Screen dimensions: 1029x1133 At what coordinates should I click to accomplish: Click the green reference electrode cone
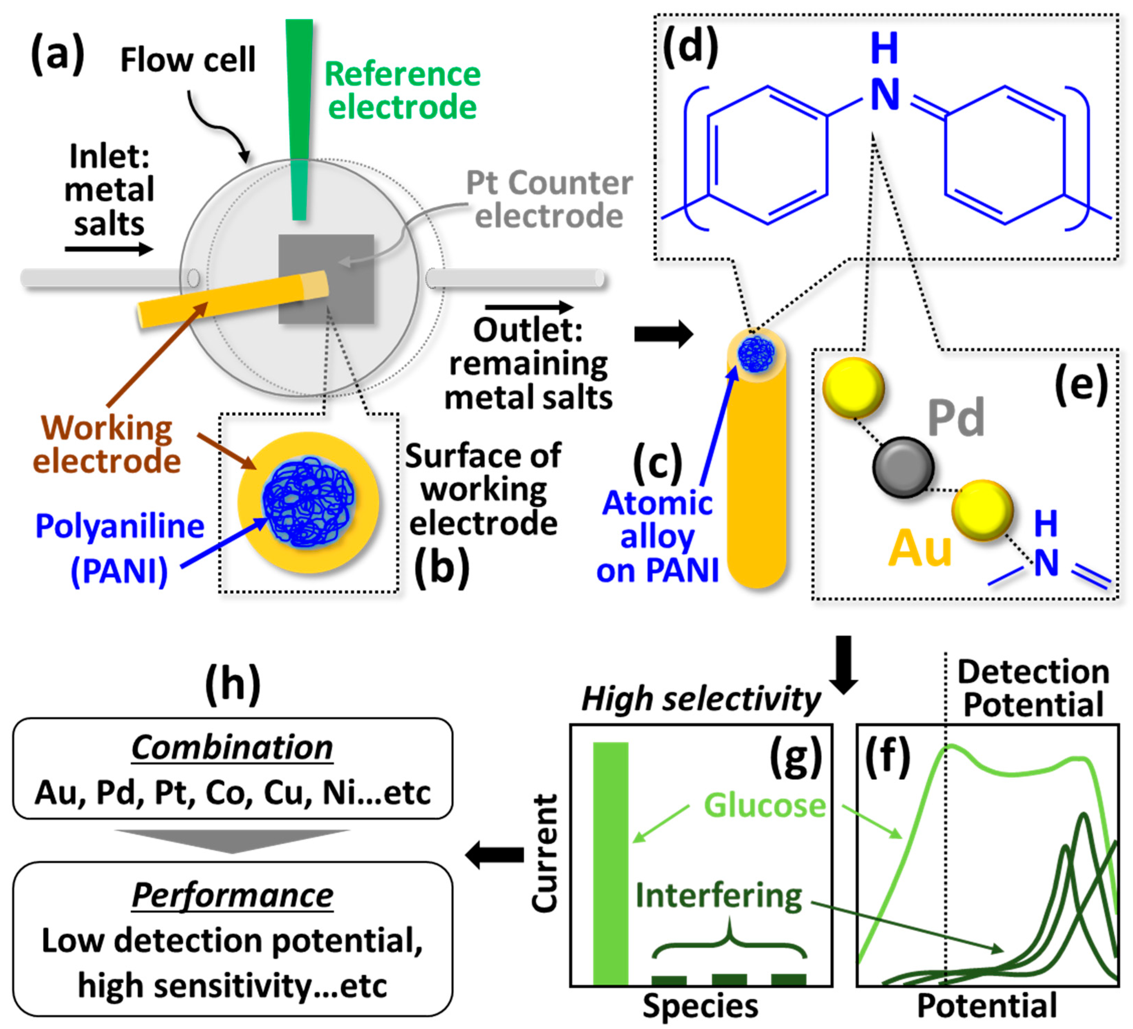pos(299,112)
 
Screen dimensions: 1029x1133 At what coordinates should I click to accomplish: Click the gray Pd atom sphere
pos(903,467)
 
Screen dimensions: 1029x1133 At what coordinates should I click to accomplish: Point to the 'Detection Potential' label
pos(1033,688)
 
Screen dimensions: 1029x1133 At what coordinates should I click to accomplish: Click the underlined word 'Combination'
pos(232,748)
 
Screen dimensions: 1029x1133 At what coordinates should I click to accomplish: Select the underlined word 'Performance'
pos(232,895)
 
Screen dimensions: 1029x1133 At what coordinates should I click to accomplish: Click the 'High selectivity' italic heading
pos(701,699)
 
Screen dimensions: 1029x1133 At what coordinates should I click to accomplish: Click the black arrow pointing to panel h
pos(495,855)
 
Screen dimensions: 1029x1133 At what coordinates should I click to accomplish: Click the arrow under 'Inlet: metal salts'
pos(109,249)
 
